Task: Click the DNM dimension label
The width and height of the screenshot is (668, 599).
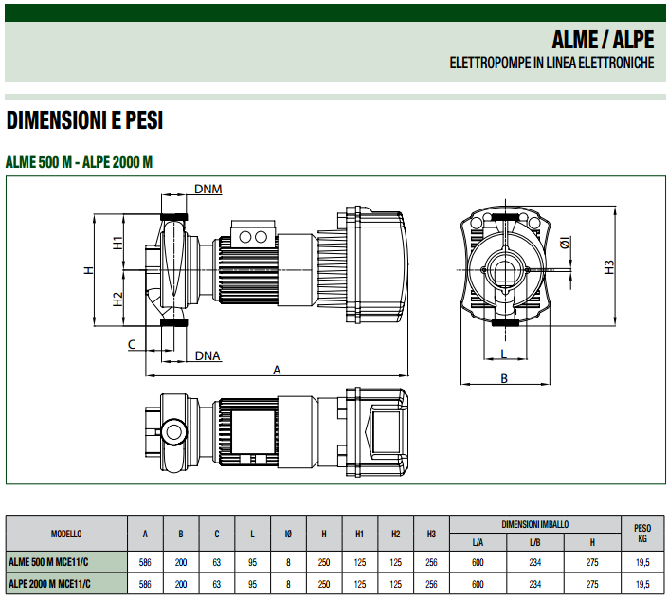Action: coord(208,189)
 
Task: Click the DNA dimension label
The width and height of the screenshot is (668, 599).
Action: coord(208,355)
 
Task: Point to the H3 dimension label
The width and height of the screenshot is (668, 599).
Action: coord(609,267)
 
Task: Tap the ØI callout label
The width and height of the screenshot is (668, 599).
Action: coord(566,243)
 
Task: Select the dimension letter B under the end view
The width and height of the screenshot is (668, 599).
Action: coord(504,378)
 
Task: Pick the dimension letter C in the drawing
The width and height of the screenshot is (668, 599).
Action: coord(132,344)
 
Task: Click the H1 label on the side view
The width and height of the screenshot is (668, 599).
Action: coord(117,243)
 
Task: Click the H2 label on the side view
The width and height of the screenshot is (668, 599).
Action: coord(117,299)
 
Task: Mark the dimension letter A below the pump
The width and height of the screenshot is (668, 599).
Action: coord(277,371)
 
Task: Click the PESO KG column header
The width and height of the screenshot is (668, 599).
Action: coord(642,534)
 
